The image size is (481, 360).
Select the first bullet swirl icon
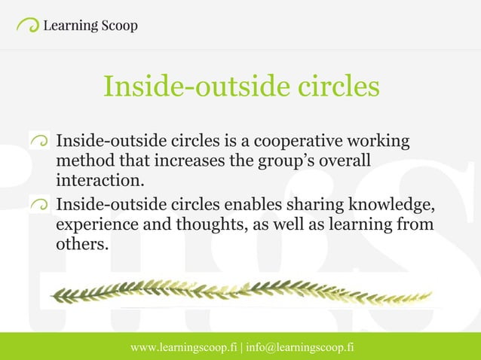click(40, 139)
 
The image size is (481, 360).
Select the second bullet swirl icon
click(40, 203)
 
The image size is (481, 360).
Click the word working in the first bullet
click(383, 142)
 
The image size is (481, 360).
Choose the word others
click(78, 244)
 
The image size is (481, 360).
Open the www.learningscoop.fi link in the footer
click(184, 347)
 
